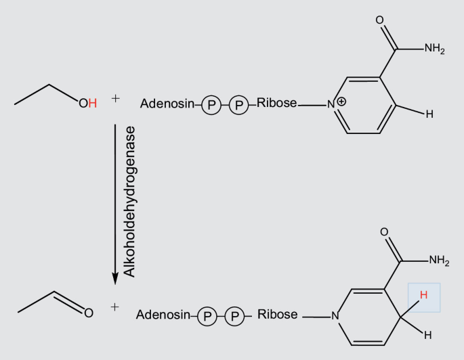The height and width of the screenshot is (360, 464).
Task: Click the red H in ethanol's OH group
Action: (x=93, y=104)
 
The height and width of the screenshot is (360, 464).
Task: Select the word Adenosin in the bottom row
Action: (x=163, y=315)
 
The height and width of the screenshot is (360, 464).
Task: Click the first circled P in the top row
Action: (x=211, y=105)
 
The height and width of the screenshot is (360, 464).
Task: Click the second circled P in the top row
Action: (x=238, y=105)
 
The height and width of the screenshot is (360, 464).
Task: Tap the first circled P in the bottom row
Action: (x=207, y=316)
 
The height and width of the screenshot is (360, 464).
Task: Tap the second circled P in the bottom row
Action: (x=234, y=316)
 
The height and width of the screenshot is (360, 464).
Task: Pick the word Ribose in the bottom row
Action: (x=277, y=315)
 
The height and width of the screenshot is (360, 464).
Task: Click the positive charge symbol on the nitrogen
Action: (x=341, y=101)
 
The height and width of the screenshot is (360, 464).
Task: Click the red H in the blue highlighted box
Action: (x=423, y=295)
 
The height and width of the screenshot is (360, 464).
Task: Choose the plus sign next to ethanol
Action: (x=115, y=99)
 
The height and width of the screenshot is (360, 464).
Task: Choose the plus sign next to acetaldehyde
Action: (x=114, y=307)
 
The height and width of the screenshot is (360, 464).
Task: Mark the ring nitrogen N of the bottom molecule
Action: (x=335, y=315)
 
